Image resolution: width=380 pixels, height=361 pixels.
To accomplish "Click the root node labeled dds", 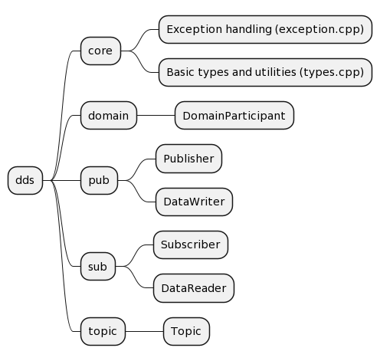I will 25,180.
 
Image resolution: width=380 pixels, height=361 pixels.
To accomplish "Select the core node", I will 100,51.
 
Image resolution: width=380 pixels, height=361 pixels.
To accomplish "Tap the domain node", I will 108,116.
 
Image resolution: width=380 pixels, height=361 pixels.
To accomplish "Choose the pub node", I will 99,180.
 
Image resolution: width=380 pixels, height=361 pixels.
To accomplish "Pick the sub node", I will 97,267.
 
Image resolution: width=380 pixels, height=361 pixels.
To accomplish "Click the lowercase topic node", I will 103,331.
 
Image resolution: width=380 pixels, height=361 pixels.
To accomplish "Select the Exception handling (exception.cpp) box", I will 265,30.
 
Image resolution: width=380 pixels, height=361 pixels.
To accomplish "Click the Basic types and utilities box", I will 265,73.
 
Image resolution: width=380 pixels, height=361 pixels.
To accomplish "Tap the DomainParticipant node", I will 234,116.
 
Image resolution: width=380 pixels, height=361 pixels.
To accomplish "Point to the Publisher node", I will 188,159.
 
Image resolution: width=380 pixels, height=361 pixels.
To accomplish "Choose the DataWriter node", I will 194,202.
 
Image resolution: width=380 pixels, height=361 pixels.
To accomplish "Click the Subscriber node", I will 191,245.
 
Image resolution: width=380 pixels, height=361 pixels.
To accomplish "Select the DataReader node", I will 194,288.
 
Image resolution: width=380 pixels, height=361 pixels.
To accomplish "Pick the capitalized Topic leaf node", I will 186,331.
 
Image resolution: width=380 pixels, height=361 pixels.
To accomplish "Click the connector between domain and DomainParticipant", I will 156,116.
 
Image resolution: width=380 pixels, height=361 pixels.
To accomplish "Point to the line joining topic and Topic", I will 144,331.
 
